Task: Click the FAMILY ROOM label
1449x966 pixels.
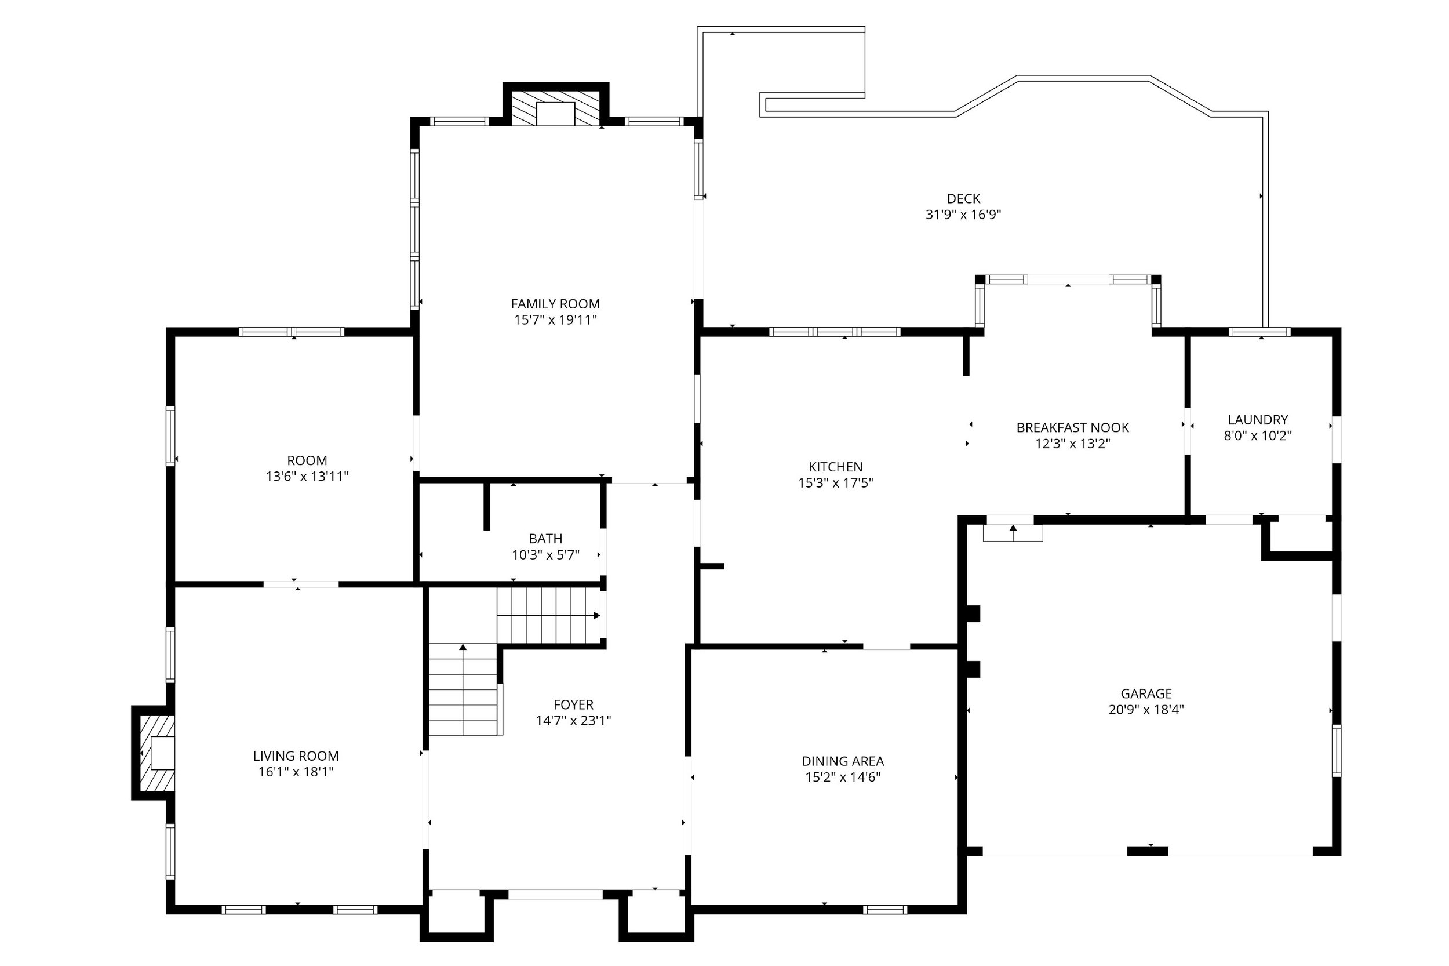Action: click(555, 304)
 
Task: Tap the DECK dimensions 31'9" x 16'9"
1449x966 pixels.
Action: click(963, 215)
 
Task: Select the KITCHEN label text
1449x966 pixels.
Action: click(835, 466)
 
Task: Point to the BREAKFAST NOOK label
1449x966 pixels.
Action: click(1072, 427)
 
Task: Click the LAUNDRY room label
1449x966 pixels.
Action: click(1257, 420)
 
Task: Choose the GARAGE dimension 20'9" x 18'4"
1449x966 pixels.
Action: click(1145, 709)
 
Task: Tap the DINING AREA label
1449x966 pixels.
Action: click(842, 761)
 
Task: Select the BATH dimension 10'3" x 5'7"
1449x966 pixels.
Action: click(545, 554)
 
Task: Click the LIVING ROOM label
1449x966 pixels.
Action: click(296, 756)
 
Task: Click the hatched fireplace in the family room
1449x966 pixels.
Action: click(555, 109)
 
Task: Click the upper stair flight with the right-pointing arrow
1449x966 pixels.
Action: click(548, 615)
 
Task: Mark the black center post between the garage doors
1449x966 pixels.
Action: click(1146, 851)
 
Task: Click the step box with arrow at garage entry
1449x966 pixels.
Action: click(1012, 532)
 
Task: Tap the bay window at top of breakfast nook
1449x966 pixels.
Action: click(1068, 279)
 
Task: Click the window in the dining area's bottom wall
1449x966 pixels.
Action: click(884, 909)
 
